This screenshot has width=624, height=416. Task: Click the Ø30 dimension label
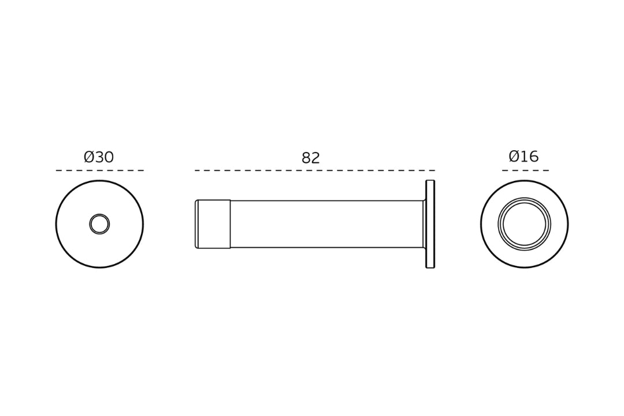(99, 157)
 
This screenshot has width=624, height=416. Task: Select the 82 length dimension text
(310, 158)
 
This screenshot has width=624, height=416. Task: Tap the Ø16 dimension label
(523, 156)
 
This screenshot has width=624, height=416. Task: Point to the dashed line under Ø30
(99, 170)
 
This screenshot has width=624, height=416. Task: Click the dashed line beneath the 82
(315, 170)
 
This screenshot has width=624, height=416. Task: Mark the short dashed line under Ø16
(525, 170)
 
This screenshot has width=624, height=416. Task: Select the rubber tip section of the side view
(213, 224)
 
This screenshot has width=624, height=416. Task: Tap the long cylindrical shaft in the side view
(326, 224)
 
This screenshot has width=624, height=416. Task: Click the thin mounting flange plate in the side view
(430, 224)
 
